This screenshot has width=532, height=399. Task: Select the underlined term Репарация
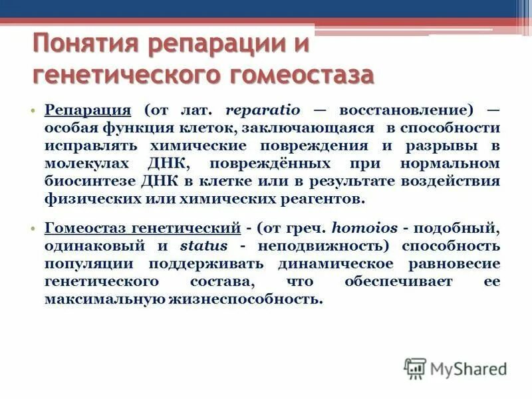tap(87, 110)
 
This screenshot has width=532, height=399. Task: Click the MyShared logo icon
tap(416, 368)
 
